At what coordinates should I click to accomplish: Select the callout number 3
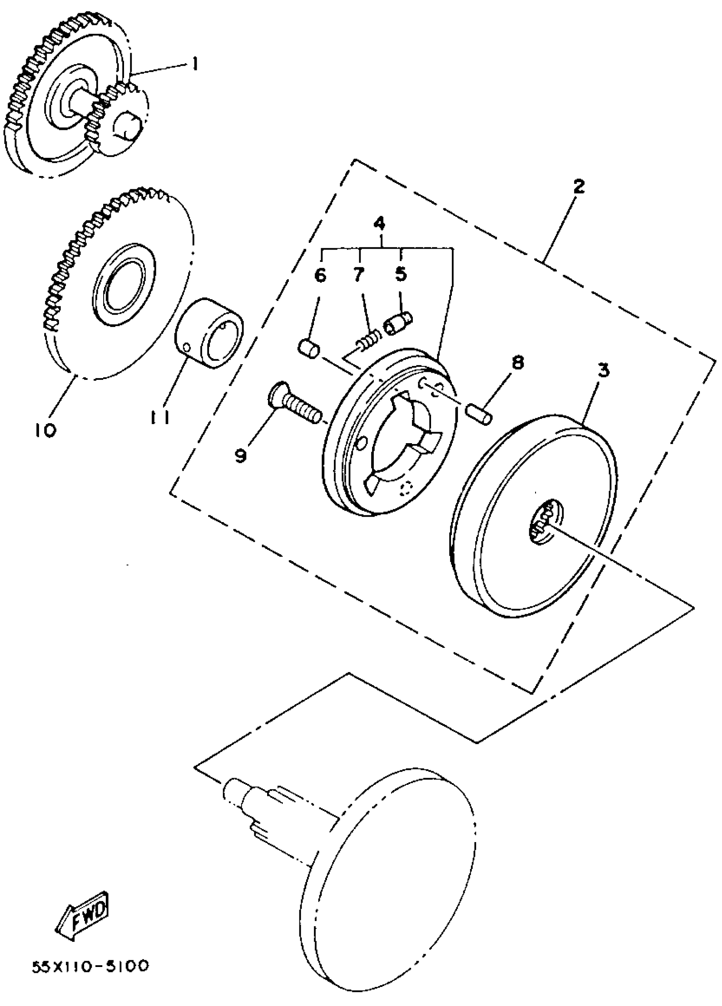pos(603,371)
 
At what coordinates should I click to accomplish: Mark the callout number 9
pos(241,455)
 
